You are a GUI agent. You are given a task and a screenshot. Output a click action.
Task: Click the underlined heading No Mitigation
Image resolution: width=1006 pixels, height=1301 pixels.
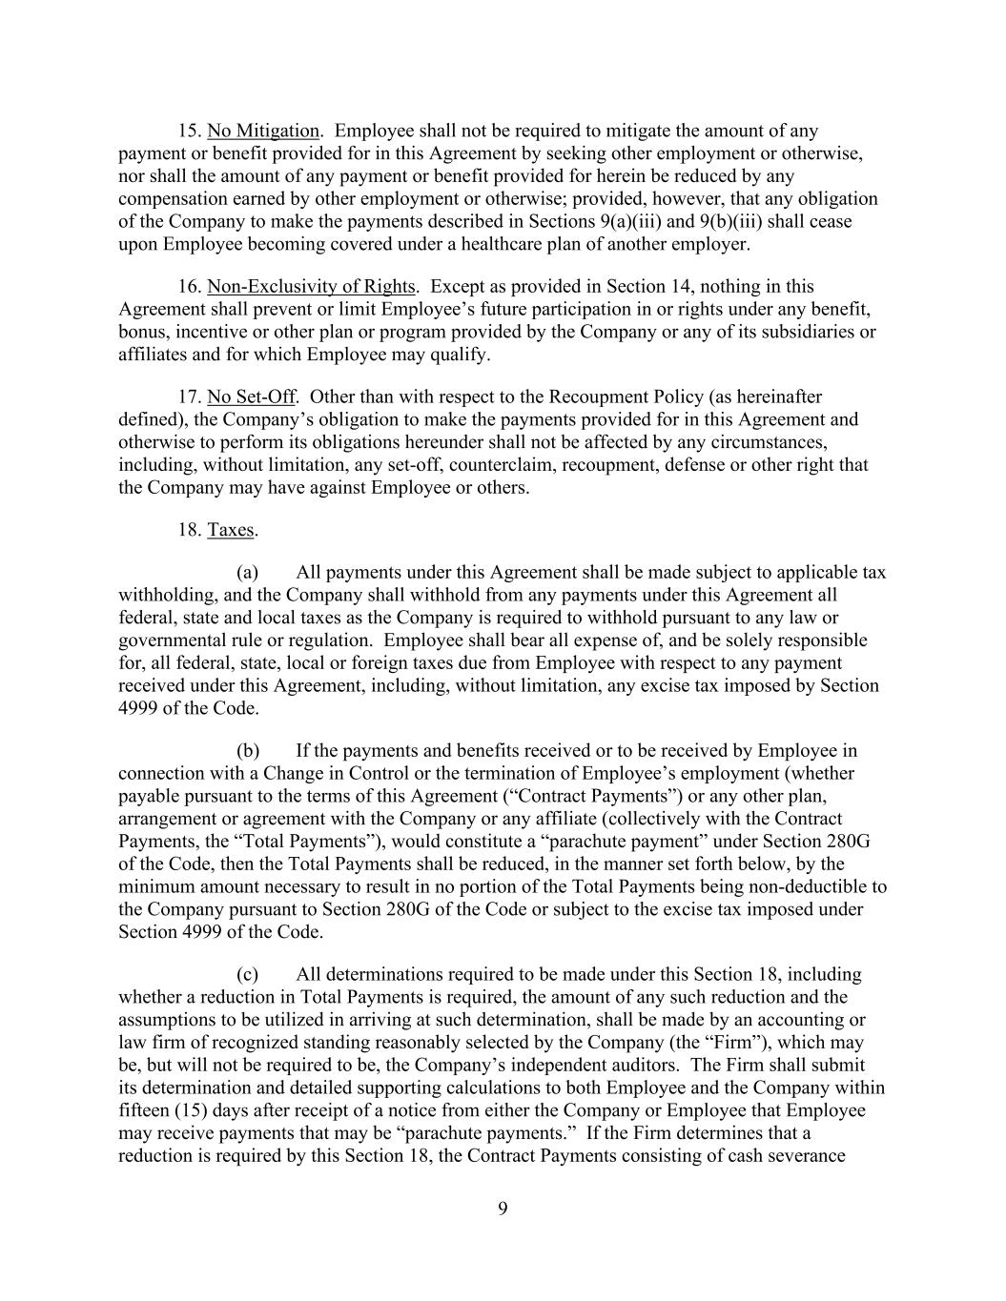coord(263,131)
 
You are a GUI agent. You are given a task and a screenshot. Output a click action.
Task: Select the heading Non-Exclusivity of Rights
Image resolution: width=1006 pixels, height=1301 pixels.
coord(311,286)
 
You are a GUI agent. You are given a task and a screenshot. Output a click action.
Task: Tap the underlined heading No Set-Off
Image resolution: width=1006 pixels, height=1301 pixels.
coord(251,396)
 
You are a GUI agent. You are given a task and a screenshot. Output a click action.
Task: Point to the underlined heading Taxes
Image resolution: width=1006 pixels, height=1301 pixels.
coord(231,530)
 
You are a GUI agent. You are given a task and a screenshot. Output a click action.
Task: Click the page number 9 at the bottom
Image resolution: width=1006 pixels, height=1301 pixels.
coord(503,1210)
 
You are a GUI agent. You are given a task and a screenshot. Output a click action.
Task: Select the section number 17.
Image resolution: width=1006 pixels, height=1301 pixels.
coord(189,396)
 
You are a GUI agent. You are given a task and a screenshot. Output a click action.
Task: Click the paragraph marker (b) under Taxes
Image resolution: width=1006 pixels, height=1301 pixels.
coord(248,750)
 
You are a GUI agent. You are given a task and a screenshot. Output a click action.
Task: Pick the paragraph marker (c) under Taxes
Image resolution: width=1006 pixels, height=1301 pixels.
coord(248,974)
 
